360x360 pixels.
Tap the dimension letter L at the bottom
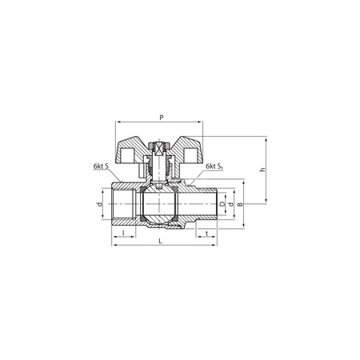click(x=161, y=241)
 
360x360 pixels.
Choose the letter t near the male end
click(x=207, y=233)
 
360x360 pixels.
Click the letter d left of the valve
click(x=100, y=205)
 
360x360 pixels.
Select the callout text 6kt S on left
click(x=102, y=167)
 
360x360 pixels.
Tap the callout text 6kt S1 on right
click(x=213, y=167)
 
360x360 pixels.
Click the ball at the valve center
click(x=161, y=206)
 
